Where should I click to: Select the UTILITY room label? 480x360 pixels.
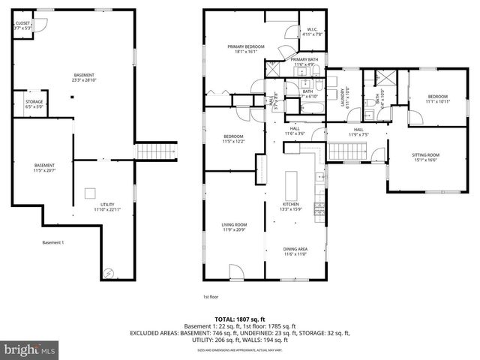(x=107, y=205)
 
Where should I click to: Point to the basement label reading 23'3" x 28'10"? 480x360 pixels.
(x=83, y=77)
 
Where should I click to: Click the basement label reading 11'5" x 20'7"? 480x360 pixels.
(x=43, y=168)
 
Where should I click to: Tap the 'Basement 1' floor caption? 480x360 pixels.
(x=52, y=242)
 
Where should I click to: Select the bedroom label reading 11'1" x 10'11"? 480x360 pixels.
(x=438, y=98)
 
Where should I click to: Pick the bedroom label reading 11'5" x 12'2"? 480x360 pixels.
(x=233, y=139)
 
